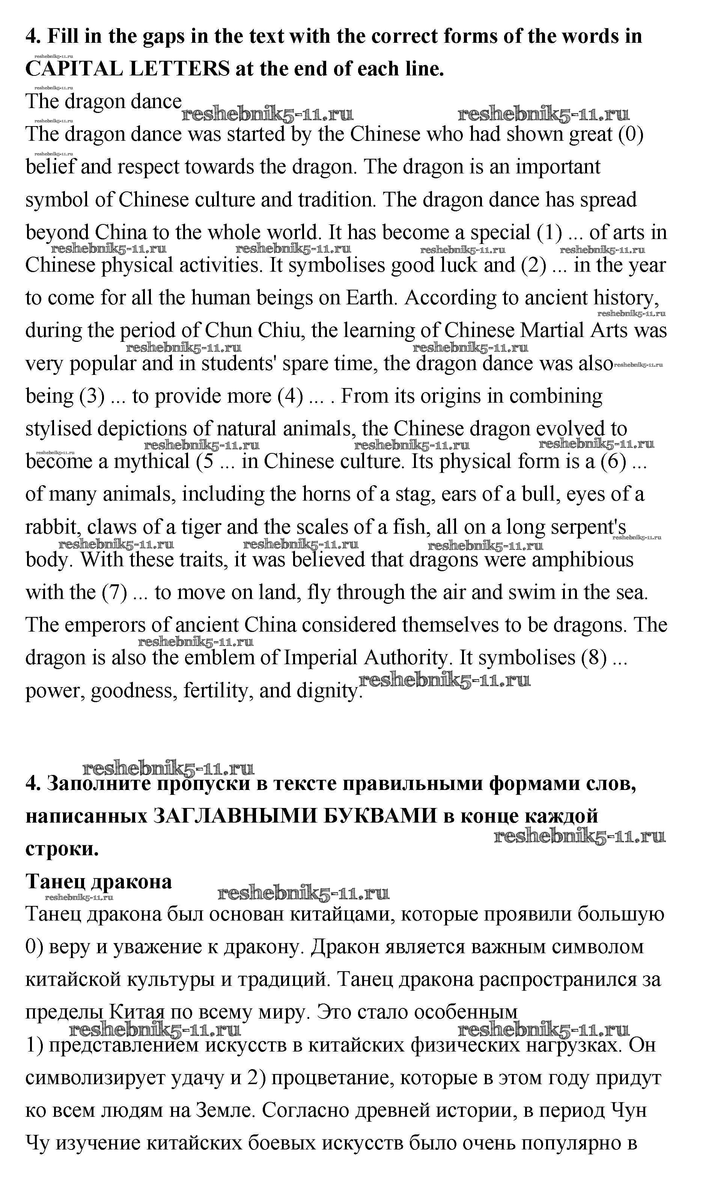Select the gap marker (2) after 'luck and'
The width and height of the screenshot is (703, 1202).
[x=534, y=265]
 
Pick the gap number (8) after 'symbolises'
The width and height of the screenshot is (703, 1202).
[x=594, y=658]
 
